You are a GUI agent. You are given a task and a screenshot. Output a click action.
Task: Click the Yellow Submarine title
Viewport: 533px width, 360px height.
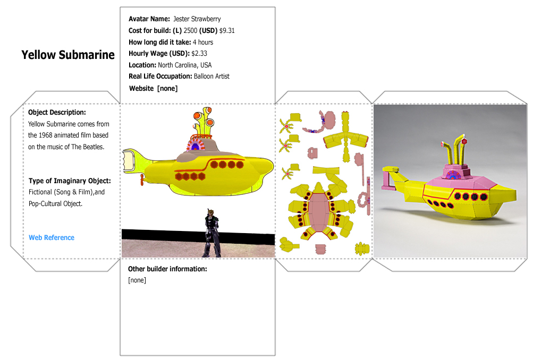(x=68, y=55)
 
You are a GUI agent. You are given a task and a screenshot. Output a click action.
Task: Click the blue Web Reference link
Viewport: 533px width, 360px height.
(x=52, y=237)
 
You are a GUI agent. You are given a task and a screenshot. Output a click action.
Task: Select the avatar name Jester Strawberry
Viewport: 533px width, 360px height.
(x=197, y=19)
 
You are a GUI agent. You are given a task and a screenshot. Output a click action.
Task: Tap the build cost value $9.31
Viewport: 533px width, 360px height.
(x=227, y=31)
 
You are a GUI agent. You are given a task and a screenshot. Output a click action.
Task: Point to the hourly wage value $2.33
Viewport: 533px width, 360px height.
(x=199, y=53)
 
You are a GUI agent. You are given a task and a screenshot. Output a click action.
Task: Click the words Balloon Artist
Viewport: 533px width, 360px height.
(x=211, y=76)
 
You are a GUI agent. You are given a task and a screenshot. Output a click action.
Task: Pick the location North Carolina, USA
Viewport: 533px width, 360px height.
(x=184, y=65)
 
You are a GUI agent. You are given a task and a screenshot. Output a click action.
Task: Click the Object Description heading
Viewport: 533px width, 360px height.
(x=57, y=113)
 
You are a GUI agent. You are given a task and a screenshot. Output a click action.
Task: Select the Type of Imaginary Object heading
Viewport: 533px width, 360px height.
(x=70, y=181)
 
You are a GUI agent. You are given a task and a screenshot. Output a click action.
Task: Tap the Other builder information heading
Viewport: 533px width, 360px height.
(x=167, y=269)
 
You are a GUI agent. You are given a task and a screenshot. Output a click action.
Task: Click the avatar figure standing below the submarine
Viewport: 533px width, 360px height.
(x=212, y=233)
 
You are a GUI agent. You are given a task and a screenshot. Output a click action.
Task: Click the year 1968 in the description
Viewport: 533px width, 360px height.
(x=46, y=135)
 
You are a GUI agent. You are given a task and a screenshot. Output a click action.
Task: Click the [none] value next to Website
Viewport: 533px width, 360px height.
(x=167, y=89)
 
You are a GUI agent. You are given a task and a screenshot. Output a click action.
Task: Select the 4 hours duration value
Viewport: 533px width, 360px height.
(x=203, y=42)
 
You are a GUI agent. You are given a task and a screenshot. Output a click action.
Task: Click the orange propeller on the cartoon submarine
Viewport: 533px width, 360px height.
(x=142, y=179)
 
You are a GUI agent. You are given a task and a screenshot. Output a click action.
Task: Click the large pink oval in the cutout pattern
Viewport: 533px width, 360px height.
(x=318, y=211)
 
